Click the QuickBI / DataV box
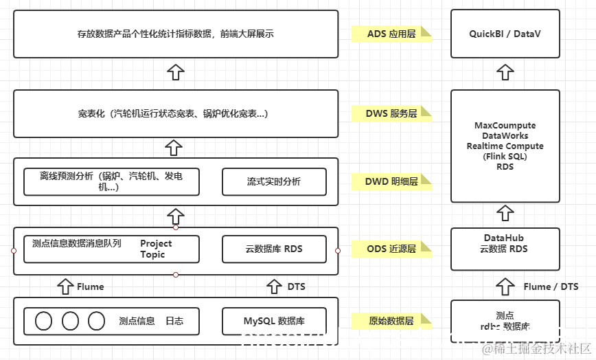point(505,34)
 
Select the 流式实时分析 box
point(273,182)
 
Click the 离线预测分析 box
point(111,182)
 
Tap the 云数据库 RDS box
point(273,249)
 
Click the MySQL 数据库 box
point(273,321)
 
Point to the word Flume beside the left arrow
point(91,286)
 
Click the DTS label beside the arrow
point(297,286)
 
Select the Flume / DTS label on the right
point(551,286)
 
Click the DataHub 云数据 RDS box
point(505,244)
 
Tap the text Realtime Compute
point(505,146)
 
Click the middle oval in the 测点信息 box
point(70,321)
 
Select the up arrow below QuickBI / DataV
point(505,72)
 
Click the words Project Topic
point(156,249)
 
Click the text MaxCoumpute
point(505,126)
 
